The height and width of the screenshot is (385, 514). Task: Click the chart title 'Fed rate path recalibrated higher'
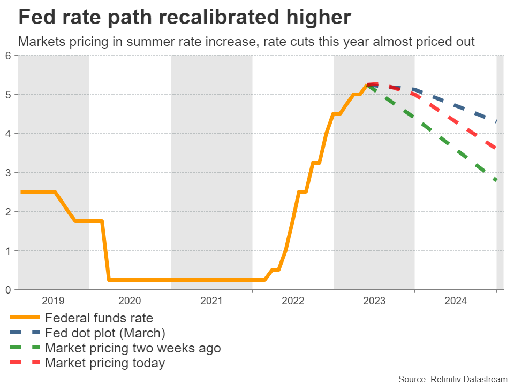[x=185, y=18]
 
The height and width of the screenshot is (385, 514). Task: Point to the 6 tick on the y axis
[x=9, y=56]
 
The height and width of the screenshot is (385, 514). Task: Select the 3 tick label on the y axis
[x=9, y=173]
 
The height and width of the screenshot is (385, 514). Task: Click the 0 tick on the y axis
[x=9, y=290]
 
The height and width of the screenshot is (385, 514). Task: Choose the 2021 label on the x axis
[x=211, y=301]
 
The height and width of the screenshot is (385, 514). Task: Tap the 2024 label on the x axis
[x=455, y=301]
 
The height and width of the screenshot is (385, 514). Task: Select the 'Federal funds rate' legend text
[x=99, y=318]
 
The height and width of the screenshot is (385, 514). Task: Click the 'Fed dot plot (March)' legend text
[x=105, y=333]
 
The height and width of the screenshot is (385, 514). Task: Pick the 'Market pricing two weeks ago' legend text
[x=133, y=348]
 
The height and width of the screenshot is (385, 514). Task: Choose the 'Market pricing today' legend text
[x=105, y=363]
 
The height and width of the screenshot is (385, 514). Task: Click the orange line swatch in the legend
[x=25, y=318]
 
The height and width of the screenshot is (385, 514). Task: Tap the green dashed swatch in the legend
[x=25, y=348]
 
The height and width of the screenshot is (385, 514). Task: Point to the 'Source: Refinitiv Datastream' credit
[x=452, y=379]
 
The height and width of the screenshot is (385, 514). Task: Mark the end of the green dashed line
[x=496, y=180]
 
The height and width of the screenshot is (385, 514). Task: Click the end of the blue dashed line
[x=497, y=122]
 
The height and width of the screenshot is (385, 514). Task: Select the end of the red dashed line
[x=497, y=149]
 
